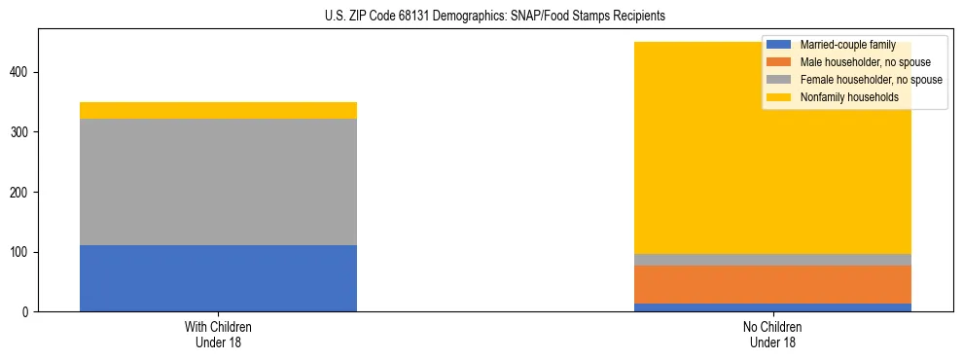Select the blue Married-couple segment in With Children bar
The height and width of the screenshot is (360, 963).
click(218, 278)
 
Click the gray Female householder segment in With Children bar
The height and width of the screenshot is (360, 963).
click(218, 182)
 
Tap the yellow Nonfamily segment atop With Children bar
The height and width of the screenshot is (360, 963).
click(218, 110)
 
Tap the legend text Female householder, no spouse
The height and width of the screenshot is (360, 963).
click(871, 80)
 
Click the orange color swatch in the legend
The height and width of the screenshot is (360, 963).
click(779, 62)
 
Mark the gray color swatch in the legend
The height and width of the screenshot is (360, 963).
click(779, 80)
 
